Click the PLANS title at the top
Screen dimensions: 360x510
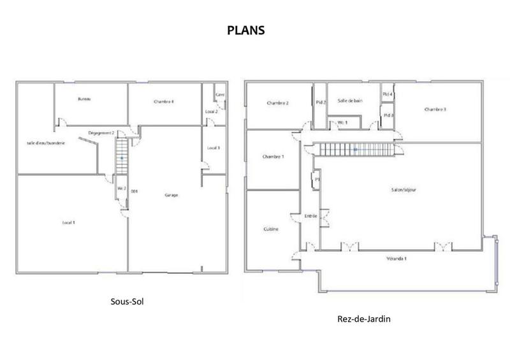[245, 30]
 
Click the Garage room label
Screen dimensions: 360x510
[171, 195]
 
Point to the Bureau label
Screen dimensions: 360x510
[84, 99]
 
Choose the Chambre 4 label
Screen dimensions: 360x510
[164, 102]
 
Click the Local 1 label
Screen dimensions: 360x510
[69, 222]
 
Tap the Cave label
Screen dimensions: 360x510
[220, 95]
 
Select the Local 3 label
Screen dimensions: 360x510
[214, 148]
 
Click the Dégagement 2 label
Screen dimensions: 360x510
[101, 133]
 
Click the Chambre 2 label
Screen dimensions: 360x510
[278, 103]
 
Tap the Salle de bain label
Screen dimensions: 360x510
[350, 101]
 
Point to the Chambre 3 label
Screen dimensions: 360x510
[435, 109]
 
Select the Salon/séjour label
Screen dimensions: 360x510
[404, 189]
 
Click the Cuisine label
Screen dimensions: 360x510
[270, 228]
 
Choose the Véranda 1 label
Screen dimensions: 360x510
[397, 259]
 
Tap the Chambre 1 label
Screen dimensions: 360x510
[273, 157]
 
